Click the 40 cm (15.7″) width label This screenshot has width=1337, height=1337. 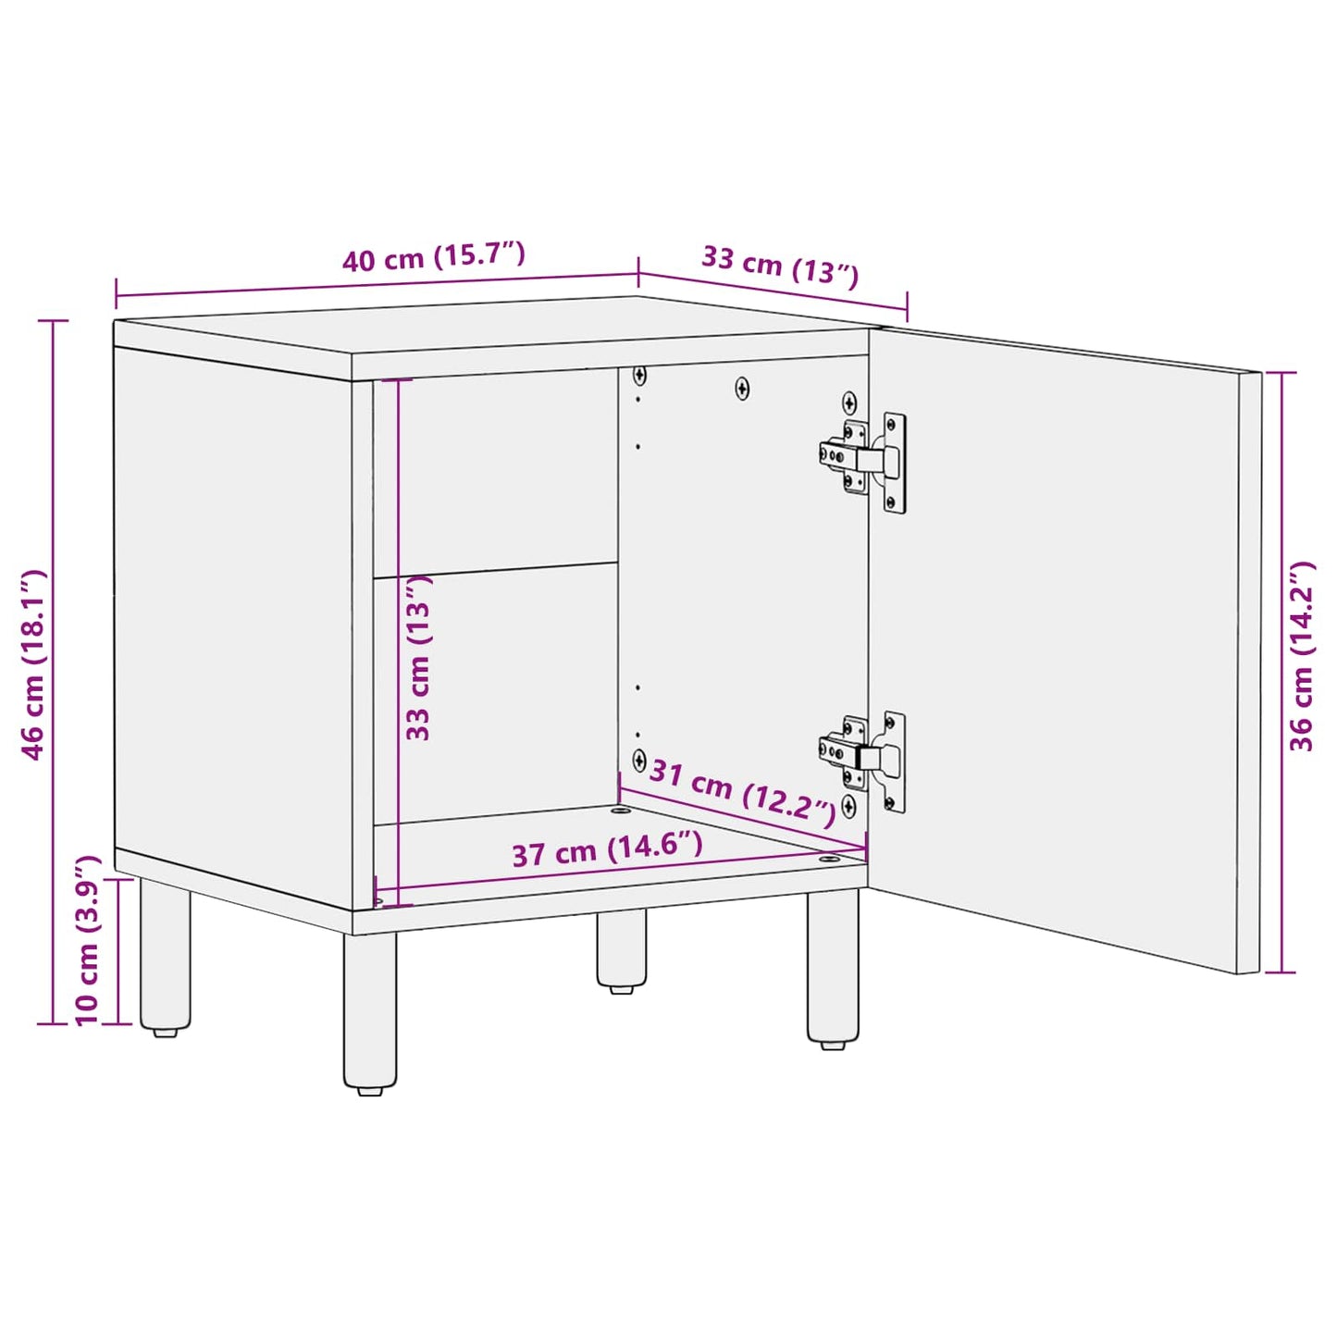(434, 257)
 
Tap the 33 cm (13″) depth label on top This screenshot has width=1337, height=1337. (780, 265)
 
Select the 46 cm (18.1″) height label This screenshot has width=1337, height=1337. (34, 664)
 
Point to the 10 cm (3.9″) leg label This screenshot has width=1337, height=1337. (87, 940)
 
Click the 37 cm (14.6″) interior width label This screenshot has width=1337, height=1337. (607, 848)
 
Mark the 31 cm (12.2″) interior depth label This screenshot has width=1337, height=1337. (742, 789)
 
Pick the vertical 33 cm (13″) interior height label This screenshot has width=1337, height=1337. (419, 657)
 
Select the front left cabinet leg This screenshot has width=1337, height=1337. (370, 1009)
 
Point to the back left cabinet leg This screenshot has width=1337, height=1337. (166, 953)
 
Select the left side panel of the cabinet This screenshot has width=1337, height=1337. (231, 611)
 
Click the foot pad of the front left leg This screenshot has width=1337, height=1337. (370, 1090)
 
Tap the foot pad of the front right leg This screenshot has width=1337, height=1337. (833, 1045)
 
